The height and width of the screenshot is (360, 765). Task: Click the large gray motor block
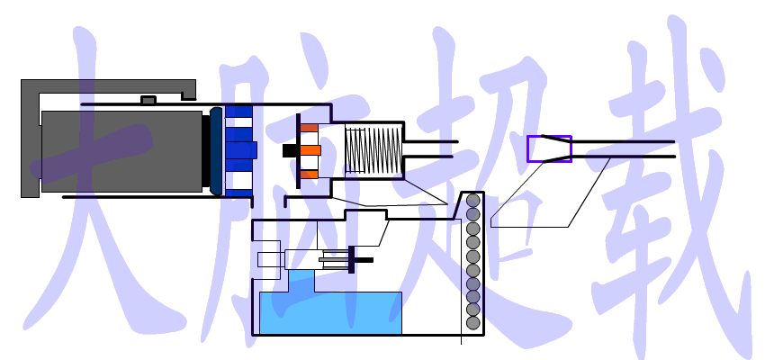[121, 151]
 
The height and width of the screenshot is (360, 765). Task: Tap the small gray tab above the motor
[148, 100]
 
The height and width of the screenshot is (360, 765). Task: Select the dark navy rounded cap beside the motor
[216, 151]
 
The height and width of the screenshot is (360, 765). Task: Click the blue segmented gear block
[239, 151]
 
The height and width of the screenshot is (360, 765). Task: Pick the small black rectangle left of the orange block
[290, 150]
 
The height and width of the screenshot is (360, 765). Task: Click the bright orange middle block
[310, 150]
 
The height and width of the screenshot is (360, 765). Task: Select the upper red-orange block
[309, 128]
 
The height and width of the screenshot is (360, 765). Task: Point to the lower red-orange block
[309, 174]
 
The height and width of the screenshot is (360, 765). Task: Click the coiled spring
[373, 150]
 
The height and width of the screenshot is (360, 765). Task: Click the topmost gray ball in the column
[472, 201]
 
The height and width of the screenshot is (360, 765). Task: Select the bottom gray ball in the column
[472, 322]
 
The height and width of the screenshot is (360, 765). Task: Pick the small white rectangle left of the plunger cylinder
[271, 259]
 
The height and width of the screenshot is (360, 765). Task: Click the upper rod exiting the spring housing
[431, 142]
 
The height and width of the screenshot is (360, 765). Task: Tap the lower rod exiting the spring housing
[428, 157]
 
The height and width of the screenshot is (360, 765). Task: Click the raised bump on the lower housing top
[366, 214]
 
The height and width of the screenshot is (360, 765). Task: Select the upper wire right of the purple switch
[623, 142]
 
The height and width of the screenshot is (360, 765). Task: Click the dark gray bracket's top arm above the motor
[108, 85]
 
